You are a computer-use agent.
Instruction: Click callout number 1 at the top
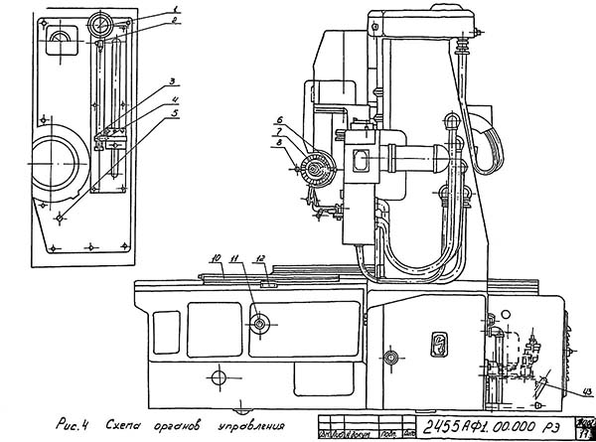coord(176,9)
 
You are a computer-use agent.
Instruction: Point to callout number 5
coord(175,111)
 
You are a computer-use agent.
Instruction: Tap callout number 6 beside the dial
coord(279,121)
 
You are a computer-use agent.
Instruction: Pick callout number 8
coord(279,144)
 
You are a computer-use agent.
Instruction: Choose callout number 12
coord(260,259)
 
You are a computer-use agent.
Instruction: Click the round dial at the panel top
coord(101,24)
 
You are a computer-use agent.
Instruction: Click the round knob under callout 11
coord(260,323)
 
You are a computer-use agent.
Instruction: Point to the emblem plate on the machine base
coord(439,345)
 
